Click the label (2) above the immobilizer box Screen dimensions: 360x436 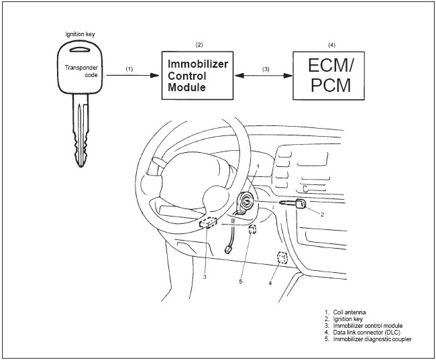coord(199,44)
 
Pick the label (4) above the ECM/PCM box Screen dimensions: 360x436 coord(332,44)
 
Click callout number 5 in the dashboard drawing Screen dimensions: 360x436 coord(240,282)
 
